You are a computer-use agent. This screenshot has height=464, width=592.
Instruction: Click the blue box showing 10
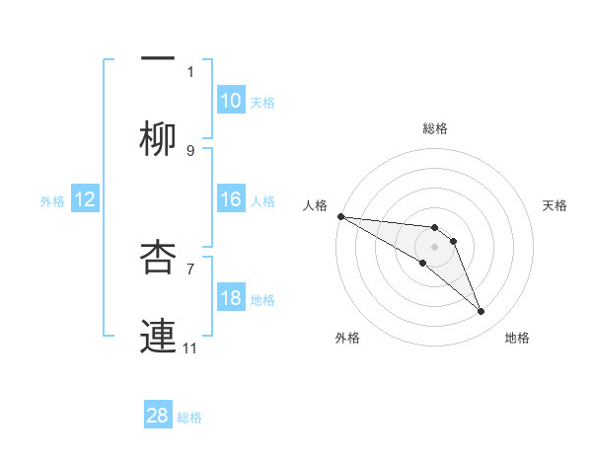[230, 101]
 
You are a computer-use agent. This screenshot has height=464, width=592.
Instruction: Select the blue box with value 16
[230, 199]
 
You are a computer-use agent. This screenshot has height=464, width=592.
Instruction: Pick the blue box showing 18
[230, 298]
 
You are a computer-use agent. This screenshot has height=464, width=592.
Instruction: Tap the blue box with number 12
[85, 199]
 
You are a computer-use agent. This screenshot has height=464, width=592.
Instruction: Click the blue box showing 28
[158, 416]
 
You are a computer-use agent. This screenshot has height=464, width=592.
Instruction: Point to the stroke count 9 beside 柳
[190, 150]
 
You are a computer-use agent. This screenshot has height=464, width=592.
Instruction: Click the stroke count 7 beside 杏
[190, 268]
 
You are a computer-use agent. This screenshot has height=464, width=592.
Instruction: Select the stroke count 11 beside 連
[190, 348]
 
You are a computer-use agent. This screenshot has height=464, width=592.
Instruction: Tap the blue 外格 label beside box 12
[52, 200]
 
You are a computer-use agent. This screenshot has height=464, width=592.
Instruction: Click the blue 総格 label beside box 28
[189, 418]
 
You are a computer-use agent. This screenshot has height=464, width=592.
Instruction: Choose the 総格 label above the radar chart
[435, 128]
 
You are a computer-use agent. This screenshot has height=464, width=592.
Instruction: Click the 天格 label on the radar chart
[555, 205]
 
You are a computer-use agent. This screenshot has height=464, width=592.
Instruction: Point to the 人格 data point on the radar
[340, 215]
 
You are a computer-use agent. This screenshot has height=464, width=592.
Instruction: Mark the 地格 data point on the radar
[481, 312]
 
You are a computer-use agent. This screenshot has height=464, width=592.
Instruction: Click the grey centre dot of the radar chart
[435, 246]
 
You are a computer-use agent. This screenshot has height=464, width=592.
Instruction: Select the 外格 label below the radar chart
[347, 338]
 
